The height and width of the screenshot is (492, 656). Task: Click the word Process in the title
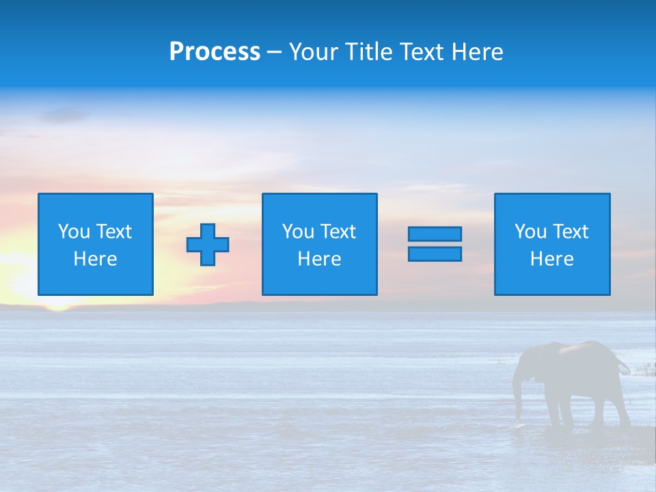tap(215, 52)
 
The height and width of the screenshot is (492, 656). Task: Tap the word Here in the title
tap(476, 52)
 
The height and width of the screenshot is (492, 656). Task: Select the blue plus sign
tap(208, 244)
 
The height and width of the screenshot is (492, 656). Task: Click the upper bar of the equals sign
tap(435, 234)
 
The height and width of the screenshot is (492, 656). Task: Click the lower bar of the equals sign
tap(435, 254)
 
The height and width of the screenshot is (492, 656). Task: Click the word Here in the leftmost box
tap(95, 259)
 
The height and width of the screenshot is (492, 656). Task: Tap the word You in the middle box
tap(298, 232)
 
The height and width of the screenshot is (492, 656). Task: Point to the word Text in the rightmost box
tap(571, 232)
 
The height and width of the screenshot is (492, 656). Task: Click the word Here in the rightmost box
tap(551, 259)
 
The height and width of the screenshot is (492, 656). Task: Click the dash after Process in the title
tap(275, 52)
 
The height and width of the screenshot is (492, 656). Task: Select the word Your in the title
tap(314, 52)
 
